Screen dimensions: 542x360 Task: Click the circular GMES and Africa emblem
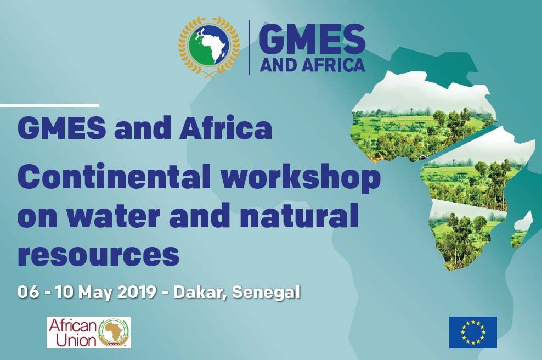[208, 47]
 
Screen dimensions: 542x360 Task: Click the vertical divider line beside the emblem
[249, 48]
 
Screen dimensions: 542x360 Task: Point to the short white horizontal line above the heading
[49, 105]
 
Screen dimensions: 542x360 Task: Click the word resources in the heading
[99, 255]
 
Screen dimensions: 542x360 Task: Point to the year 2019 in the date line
[137, 292]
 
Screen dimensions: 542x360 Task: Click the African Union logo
[89, 333]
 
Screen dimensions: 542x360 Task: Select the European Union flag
[473, 333]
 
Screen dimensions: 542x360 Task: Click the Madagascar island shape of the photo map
[522, 229]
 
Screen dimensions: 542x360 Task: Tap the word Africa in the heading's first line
[225, 128]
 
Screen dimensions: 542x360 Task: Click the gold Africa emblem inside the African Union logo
[114, 333]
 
